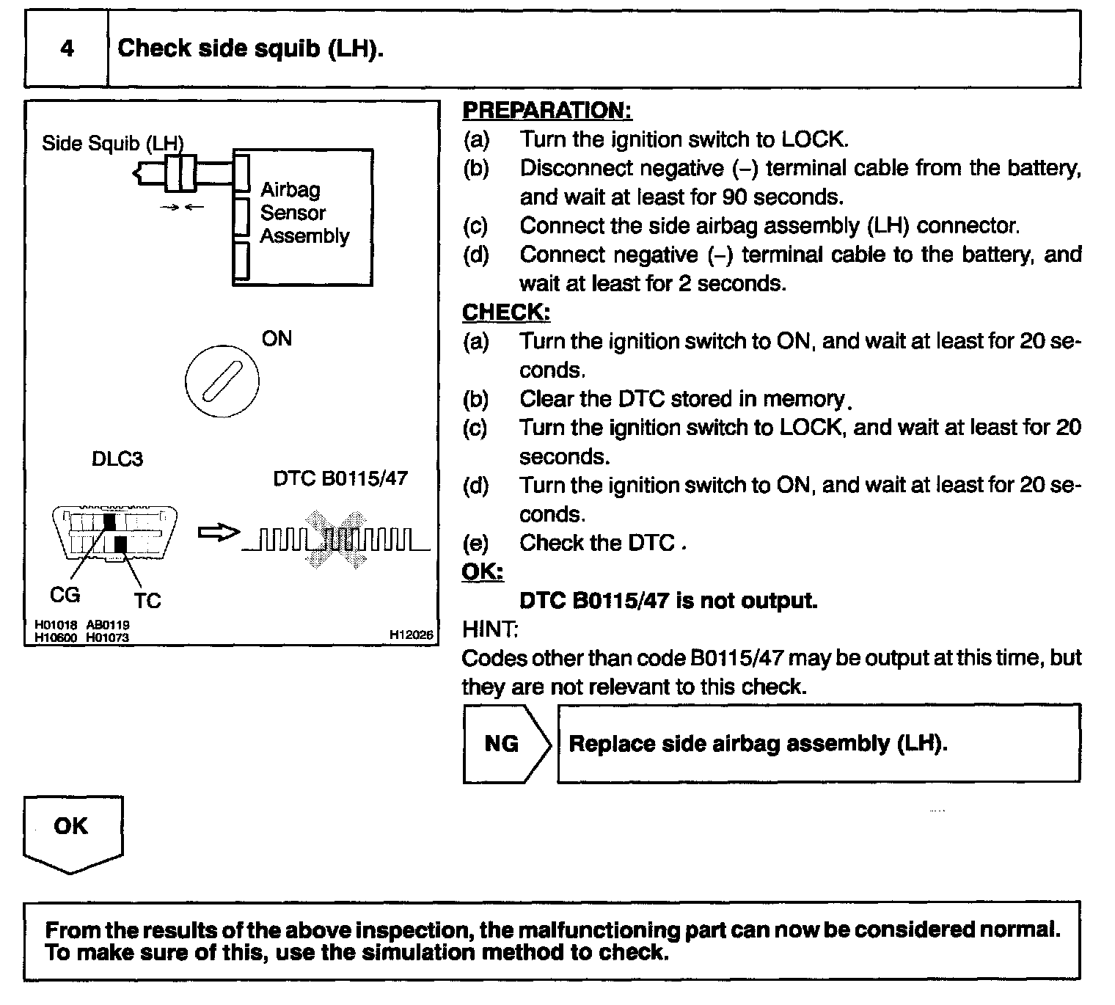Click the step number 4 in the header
point(67,48)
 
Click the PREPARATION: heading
point(546,111)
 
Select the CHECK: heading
point(505,313)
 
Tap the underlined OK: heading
point(482,571)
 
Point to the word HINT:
point(489,629)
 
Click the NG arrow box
point(504,744)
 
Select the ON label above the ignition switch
point(277,339)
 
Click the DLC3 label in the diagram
point(117,459)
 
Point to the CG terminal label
point(65,595)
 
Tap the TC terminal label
point(147,601)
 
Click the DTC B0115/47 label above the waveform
point(340,478)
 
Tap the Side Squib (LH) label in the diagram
point(112,143)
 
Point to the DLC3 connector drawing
point(114,533)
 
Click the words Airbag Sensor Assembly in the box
point(304,213)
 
